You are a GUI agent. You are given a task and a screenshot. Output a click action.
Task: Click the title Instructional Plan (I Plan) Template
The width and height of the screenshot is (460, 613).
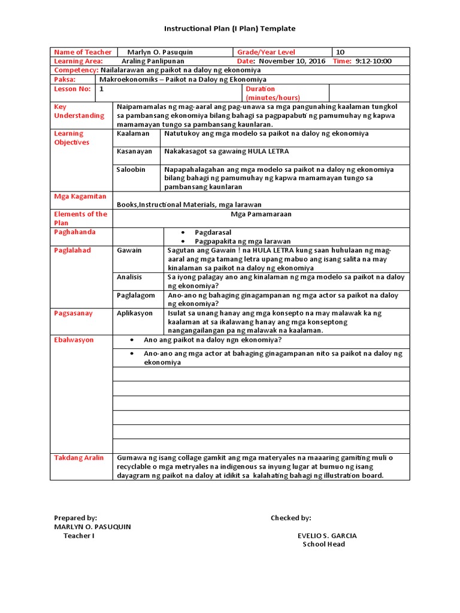tap(230, 29)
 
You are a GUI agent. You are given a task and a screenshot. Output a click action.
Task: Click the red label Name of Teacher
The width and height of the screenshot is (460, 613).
tap(83, 52)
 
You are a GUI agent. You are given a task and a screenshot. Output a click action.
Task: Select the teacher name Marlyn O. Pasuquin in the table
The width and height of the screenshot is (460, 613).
tap(160, 52)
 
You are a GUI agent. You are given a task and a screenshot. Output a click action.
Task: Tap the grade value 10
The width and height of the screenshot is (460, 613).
tap(341, 52)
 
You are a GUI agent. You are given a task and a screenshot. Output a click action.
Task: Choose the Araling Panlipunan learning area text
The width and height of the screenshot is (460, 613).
tap(153, 61)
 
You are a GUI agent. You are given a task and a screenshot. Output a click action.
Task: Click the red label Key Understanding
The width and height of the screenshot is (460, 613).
tap(79, 111)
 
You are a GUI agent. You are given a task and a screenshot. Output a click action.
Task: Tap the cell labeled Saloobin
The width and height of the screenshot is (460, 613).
tap(131, 169)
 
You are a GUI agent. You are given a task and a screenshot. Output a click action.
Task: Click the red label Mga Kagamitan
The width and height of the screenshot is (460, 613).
tap(80, 196)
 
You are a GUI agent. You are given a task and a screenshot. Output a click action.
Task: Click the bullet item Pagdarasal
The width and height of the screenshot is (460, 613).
tap(213, 232)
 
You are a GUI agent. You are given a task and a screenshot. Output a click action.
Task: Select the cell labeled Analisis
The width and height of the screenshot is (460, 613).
tap(129, 277)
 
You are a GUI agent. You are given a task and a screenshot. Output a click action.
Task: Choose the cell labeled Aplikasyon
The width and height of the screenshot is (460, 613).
tap(135, 313)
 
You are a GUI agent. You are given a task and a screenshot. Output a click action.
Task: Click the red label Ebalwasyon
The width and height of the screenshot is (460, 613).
tap(74, 340)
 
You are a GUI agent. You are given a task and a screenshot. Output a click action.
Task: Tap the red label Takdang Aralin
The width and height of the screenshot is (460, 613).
tap(79, 458)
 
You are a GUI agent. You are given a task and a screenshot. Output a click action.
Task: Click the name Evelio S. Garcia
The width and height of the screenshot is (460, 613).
tap(323, 536)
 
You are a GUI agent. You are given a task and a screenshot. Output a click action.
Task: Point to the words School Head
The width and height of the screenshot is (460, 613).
tap(323, 544)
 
